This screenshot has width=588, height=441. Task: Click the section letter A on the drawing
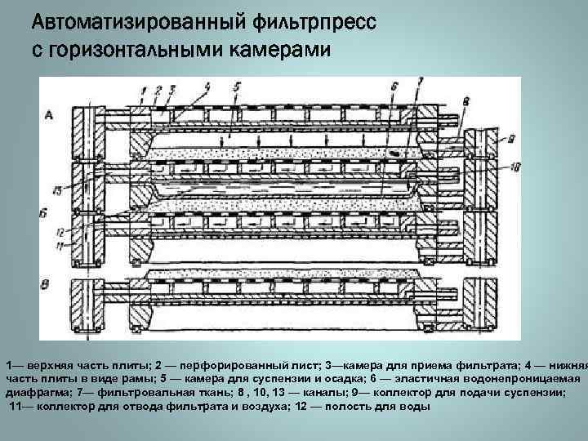click(x=49, y=116)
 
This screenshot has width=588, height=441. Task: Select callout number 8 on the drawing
click(x=465, y=100)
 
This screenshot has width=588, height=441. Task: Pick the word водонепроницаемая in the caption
click(x=528, y=380)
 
